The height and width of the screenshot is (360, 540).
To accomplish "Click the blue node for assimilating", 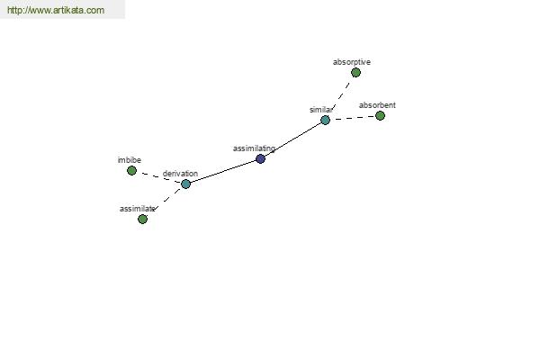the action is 260,158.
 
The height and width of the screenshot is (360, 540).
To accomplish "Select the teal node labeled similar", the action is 325,121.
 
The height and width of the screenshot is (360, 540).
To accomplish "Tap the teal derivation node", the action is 185,184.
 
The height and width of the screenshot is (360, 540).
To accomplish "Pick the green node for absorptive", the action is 355,72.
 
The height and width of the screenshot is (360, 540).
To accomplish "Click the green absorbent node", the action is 380,116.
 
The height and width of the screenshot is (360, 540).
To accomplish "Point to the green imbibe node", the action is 131,170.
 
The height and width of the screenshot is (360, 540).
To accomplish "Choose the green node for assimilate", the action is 142,219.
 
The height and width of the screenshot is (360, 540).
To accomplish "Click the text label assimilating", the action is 254,148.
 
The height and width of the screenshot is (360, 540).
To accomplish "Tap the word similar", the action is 321,110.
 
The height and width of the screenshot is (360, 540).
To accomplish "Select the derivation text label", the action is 180,174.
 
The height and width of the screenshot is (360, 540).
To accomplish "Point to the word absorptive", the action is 352,62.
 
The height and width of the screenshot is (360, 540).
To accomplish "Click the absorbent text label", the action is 377,105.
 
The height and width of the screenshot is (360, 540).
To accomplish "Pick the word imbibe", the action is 129,160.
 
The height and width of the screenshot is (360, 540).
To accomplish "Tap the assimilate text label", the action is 137,209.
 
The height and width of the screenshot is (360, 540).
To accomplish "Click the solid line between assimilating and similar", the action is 292,139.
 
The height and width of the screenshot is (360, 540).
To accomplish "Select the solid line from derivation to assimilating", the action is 223,171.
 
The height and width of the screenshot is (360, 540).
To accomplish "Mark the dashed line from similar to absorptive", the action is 341,95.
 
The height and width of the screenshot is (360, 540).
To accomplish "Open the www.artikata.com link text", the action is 56,10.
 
